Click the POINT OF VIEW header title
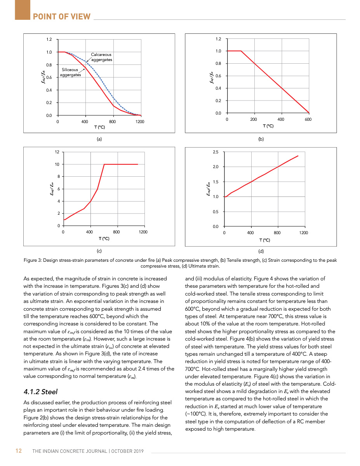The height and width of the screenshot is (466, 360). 61,17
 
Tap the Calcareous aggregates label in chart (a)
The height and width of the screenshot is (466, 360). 101,57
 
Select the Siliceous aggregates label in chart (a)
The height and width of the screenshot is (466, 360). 70,72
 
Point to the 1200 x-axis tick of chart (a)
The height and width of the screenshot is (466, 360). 140,122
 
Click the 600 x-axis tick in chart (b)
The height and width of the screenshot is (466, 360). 308,119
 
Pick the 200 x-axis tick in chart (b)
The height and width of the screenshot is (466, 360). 254,119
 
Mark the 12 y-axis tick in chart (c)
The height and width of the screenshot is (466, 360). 57,152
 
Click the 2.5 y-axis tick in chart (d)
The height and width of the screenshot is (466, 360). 216,152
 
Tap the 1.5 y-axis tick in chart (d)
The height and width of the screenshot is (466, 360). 216,182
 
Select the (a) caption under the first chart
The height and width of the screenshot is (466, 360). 99,139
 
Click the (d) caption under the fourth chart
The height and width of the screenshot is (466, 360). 261,251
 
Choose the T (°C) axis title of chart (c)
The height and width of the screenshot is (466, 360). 104,238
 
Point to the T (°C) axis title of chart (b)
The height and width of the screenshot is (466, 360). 268,126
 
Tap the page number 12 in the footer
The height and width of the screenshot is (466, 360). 18,451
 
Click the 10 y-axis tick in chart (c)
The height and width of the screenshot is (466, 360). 57,164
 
